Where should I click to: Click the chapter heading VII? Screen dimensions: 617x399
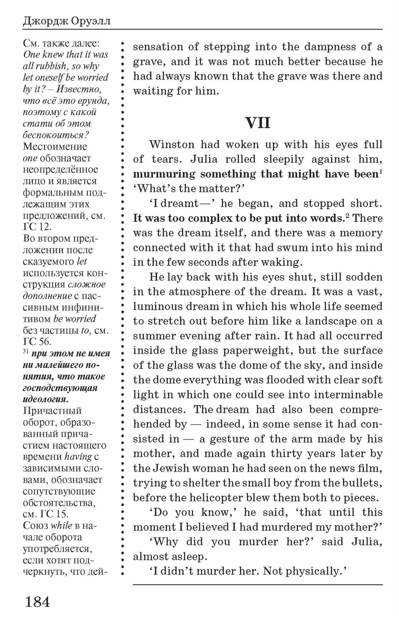[258, 123]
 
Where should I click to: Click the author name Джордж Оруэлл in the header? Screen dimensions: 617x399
[67, 22]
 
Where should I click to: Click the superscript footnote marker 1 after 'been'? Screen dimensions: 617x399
[381, 172]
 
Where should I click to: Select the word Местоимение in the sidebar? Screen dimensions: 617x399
[55, 146]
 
